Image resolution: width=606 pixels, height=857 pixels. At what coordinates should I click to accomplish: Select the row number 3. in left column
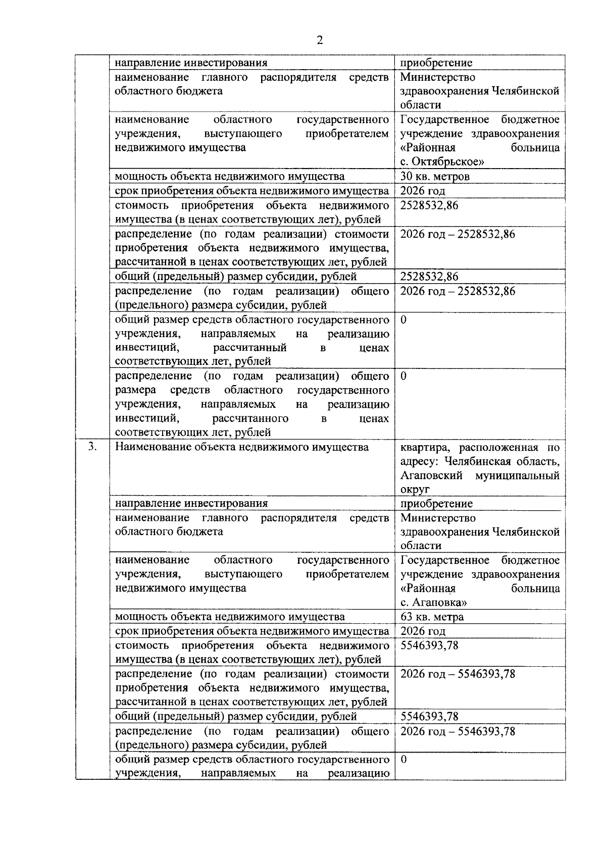point(91,447)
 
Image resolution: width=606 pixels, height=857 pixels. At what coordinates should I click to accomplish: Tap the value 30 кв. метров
point(435,176)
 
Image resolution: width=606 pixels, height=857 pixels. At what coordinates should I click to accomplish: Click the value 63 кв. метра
point(432,617)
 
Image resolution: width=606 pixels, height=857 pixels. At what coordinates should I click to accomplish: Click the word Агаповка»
point(440,602)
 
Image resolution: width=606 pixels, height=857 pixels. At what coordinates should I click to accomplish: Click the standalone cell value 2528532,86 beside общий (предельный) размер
point(429,277)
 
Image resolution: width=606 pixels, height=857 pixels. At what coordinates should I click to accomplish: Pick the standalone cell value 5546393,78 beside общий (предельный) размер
point(429,717)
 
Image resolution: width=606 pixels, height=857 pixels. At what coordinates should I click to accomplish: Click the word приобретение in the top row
point(436,63)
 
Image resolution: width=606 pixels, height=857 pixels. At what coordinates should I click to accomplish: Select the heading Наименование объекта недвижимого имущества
point(241,447)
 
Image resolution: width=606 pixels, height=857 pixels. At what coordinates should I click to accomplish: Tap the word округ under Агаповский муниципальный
point(415,490)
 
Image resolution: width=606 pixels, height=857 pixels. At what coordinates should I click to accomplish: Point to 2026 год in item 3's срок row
point(423,631)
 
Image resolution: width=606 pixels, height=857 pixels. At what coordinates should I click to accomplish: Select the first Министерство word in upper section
point(438,77)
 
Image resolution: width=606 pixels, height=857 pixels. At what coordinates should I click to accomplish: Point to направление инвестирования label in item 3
point(191,503)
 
